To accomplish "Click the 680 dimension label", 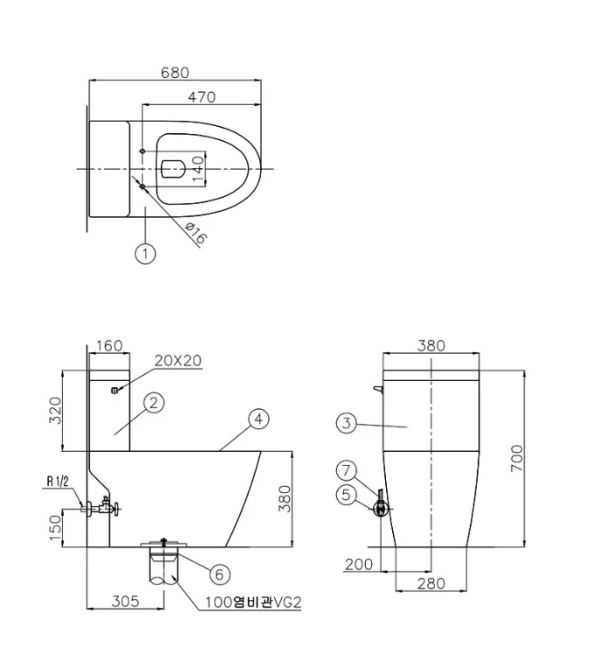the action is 175,73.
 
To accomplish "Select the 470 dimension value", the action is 201,97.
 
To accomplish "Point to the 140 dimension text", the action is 198,168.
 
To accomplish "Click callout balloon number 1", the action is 145,253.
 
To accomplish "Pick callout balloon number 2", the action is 154,403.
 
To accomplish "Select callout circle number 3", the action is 347,423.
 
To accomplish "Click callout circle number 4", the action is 259,420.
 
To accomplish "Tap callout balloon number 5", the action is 347,495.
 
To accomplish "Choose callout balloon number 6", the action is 220,575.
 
